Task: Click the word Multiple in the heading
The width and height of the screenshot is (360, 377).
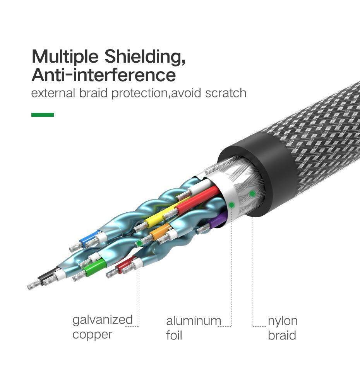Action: coord(65,57)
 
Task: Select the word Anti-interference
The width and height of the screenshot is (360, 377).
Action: coord(104,75)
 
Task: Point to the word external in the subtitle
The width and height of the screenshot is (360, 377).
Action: coord(53,93)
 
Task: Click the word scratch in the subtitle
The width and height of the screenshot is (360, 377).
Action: coord(226,93)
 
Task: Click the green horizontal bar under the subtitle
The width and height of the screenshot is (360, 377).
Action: coord(43,115)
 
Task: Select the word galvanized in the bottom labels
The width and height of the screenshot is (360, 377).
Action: coord(103,320)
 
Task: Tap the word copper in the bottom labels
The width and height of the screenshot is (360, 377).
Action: coord(92,335)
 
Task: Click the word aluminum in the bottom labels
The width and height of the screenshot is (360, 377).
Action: coord(194,321)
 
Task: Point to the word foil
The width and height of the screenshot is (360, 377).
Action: coord(174,335)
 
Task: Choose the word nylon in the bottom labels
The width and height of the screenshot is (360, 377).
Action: coord(283,321)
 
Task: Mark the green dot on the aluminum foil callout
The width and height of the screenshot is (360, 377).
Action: coord(231,205)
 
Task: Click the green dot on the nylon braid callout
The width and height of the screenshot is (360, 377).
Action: coord(252,194)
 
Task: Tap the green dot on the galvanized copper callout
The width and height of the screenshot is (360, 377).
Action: coord(139,243)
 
